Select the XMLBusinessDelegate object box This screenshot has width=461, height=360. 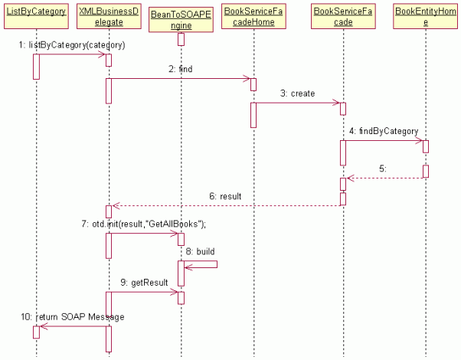point(109,16)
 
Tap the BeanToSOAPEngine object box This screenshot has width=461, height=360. point(181,21)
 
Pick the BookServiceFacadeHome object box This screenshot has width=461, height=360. point(253,16)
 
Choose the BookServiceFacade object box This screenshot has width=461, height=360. point(342,16)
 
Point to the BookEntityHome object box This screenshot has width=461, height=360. point(426,16)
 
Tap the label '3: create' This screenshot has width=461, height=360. point(296,93)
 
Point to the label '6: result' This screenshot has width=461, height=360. point(226,197)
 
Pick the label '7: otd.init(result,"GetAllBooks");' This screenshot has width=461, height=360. point(145,224)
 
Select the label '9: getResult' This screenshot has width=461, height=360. point(144,283)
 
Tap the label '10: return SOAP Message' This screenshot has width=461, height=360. point(73,316)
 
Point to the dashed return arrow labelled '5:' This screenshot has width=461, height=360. point(383,178)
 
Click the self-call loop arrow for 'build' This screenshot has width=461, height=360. point(207,266)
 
